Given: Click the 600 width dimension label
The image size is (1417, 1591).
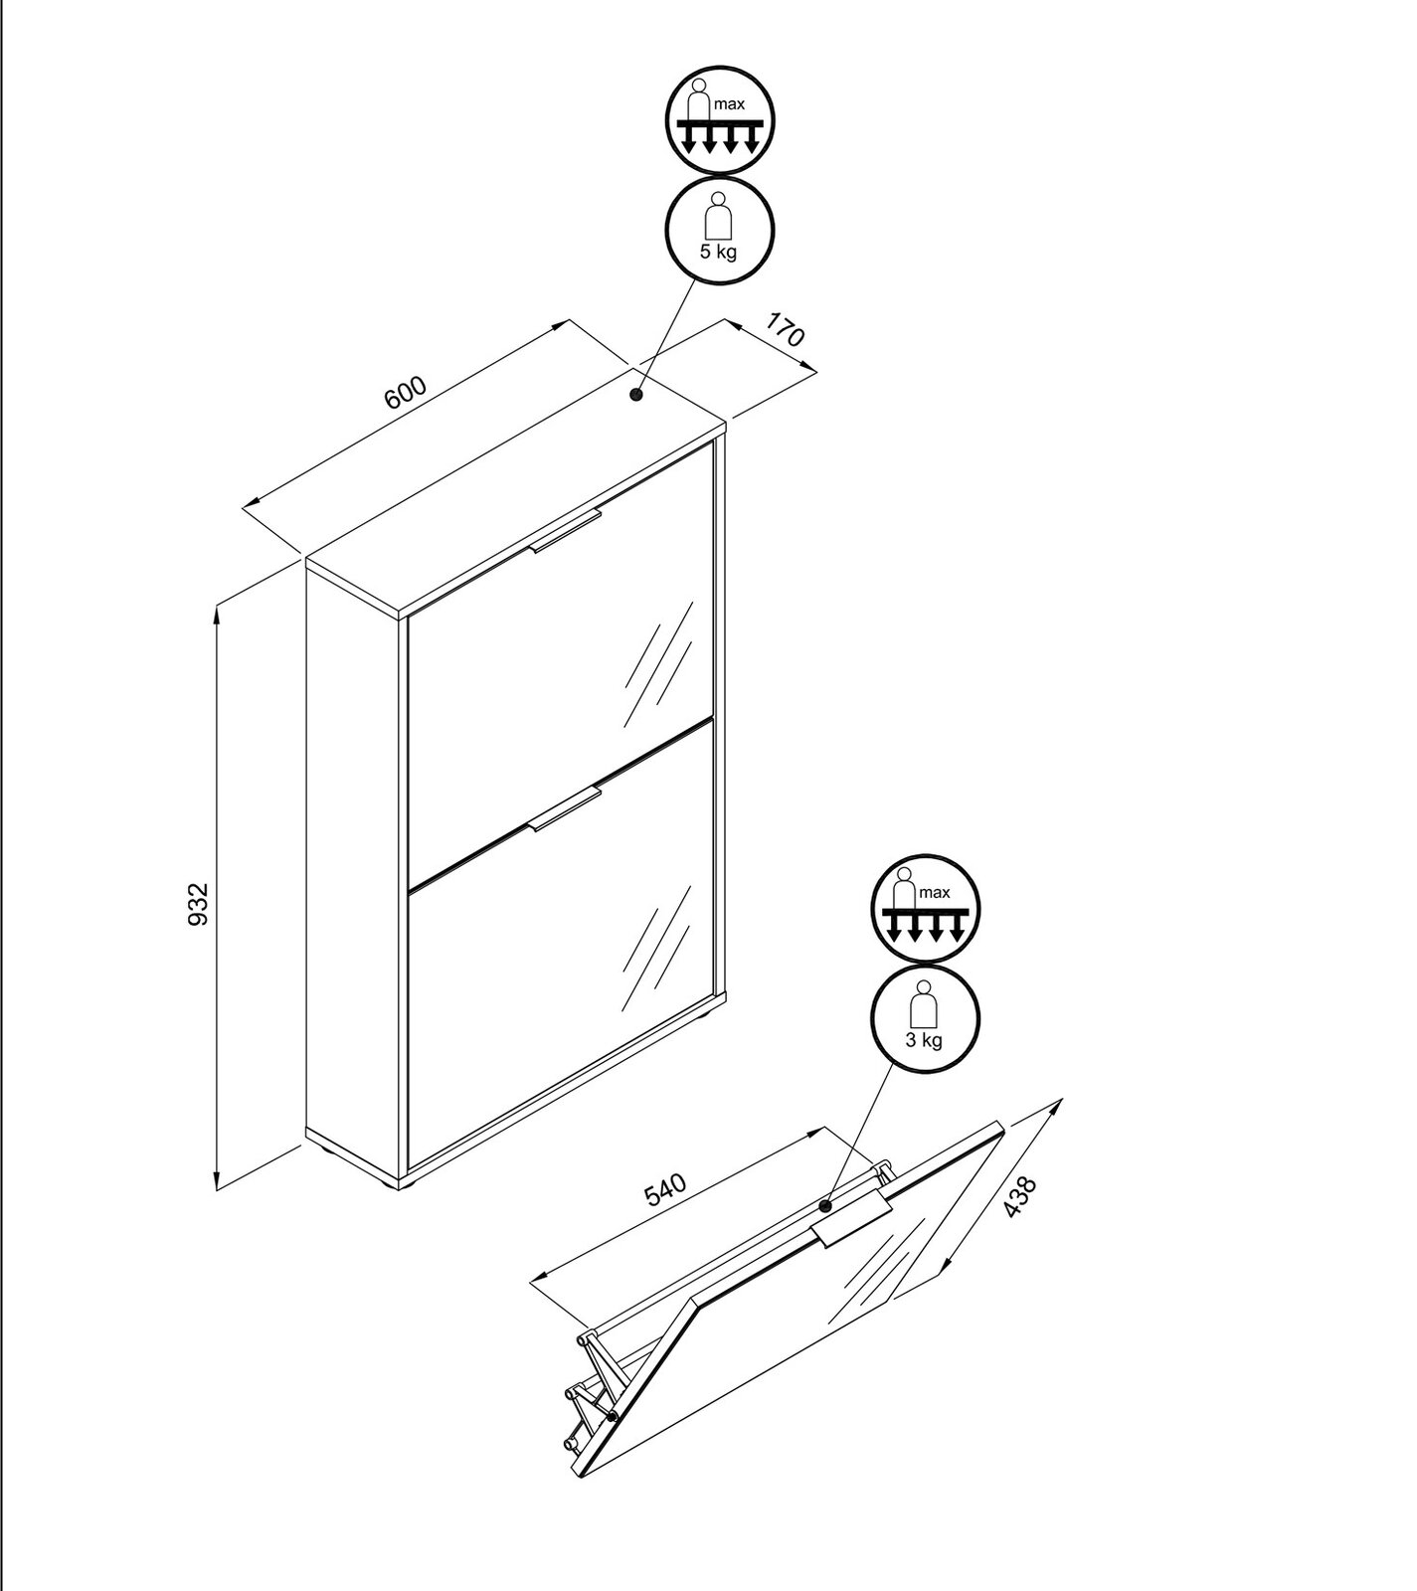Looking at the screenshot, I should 406,393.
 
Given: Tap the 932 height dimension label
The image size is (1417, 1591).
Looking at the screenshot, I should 198,903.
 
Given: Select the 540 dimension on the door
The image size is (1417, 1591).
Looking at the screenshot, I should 665,1190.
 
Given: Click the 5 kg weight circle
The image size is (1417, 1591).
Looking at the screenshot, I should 719,231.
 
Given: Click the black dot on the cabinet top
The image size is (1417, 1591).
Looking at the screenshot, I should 636,395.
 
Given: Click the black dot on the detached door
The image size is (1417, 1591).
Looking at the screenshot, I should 825,1205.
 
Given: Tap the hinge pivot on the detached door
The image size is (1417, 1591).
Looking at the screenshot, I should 613,1414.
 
